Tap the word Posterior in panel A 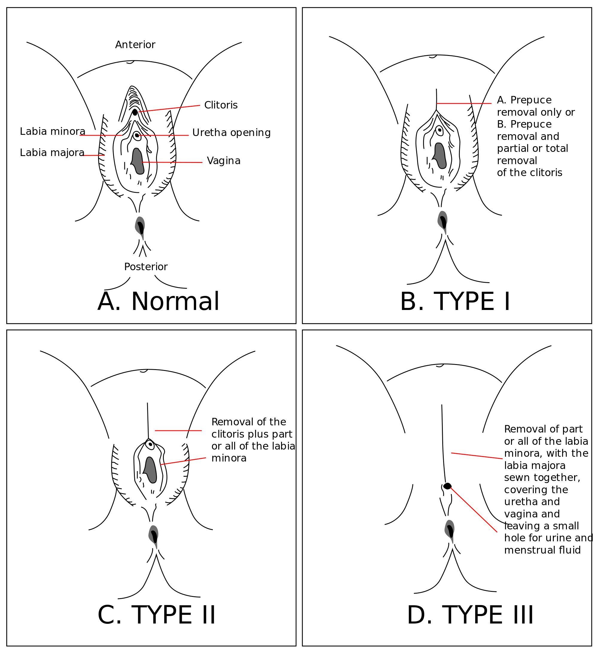tap(146, 267)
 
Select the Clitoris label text tap(221, 105)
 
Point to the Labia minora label tap(53, 132)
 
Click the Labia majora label tap(52, 152)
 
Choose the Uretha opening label tap(231, 132)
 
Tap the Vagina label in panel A tap(224, 161)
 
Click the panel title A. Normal tap(158, 301)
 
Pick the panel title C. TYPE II tap(156, 615)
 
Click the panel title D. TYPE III tap(470, 615)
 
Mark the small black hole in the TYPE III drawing tap(447, 486)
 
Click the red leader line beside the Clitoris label tap(169, 109)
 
